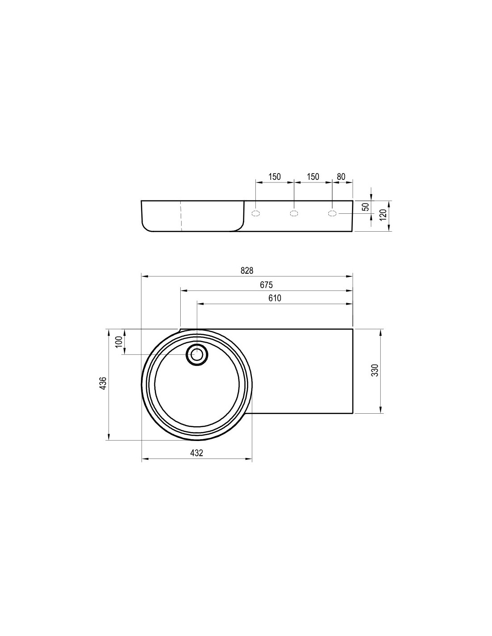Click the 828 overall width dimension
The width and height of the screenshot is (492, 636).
[x=247, y=271]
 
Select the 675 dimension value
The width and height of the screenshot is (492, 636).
[x=266, y=285]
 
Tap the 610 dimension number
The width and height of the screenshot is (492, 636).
[x=275, y=298]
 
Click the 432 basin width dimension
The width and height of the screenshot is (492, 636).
[x=196, y=453]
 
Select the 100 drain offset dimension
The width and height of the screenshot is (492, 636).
[x=119, y=342]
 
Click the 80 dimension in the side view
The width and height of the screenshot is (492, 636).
[x=341, y=177]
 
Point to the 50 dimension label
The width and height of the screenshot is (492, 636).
[x=365, y=207]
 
